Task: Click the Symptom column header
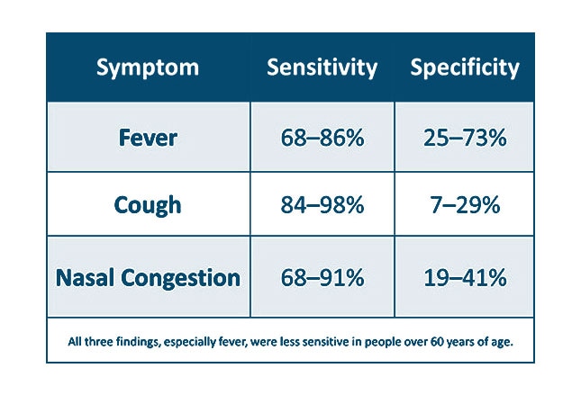[148, 68]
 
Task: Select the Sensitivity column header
[321, 68]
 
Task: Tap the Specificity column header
[465, 68]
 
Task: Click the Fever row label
[148, 139]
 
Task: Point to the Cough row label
[148, 205]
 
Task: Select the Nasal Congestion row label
[148, 277]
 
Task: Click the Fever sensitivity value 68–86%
[322, 139]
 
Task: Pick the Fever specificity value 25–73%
[465, 139]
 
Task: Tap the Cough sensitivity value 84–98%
[322, 205]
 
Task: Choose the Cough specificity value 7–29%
[465, 205]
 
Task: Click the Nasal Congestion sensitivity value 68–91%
[322, 277]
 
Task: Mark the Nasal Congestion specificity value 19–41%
[465, 277]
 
